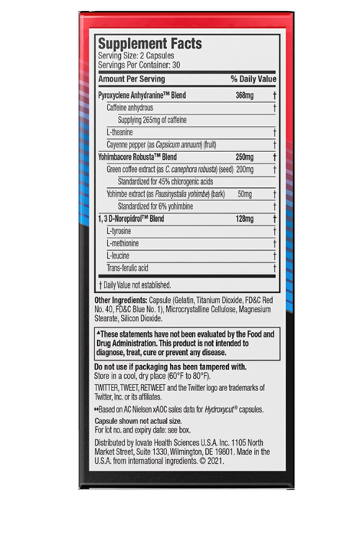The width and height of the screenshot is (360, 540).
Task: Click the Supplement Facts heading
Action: pyautogui.click(x=150, y=44)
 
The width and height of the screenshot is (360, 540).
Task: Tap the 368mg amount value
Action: pyautogui.click(x=245, y=95)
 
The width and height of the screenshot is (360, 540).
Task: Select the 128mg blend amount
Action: pyautogui.click(x=245, y=218)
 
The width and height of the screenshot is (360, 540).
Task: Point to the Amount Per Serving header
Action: pyautogui.click(x=132, y=78)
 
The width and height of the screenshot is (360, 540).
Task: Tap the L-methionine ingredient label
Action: pyautogui.click(x=122, y=243)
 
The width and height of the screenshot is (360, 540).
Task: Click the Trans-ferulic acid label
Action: pyautogui.click(x=127, y=268)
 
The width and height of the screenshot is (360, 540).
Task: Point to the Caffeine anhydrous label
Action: pyautogui.click(x=130, y=107)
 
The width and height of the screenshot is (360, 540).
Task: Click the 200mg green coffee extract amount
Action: pyautogui.click(x=245, y=168)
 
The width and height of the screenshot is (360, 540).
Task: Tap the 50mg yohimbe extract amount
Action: pyautogui.click(x=245, y=194)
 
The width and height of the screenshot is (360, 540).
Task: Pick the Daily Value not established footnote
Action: pyautogui.click(x=135, y=284)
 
